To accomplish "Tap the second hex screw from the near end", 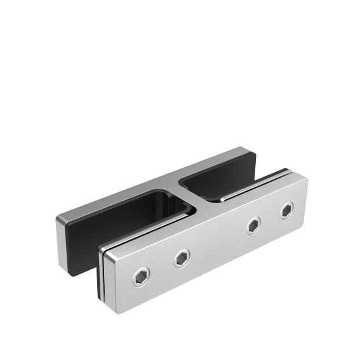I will pos(182,257).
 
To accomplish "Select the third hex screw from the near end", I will pos(254,223).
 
